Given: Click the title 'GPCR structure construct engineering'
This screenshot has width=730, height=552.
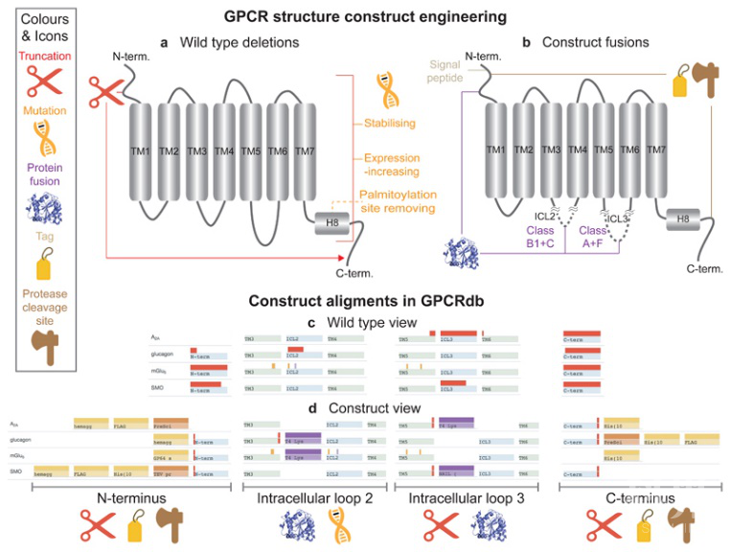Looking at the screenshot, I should (x=365, y=17).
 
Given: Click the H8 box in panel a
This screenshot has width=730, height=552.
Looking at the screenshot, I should (x=331, y=222).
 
